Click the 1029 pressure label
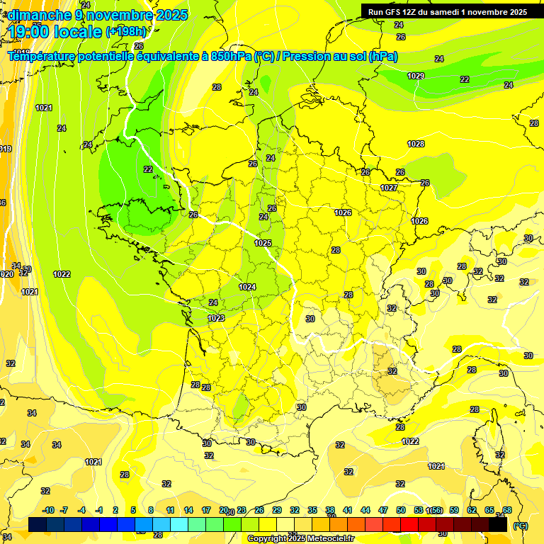coord(416,76)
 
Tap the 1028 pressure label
coord(416,144)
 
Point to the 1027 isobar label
coord(388,188)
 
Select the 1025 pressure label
coord(263,243)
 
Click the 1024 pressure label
coord(247,287)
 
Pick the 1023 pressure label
coord(216,318)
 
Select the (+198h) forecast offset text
coord(125,32)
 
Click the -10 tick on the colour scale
coord(48,510)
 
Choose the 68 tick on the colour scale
coord(507,510)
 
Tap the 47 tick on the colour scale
coord(383,510)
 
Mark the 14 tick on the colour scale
coord(188,510)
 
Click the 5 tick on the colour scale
coord(133,510)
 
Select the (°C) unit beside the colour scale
coord(521,526)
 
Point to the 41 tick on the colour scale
coord(348,510)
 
